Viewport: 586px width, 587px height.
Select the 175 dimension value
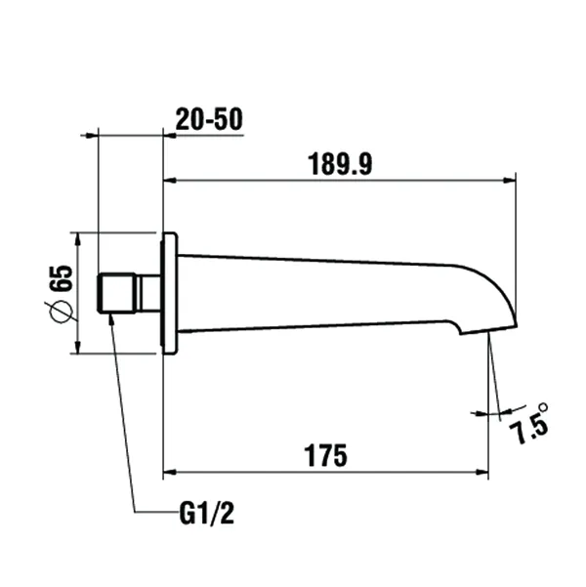click(325, 454)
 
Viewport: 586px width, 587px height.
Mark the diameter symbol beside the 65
click(59, 311)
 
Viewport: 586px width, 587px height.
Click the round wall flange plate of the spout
click(169, 292)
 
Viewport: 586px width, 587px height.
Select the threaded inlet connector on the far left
click(115, 292)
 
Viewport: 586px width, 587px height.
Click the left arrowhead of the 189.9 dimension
click(168, 180)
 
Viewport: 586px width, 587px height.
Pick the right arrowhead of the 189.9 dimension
click(510, 180)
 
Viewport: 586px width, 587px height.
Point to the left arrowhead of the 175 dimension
click(168, 472)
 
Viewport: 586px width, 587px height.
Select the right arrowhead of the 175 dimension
click(482, 472)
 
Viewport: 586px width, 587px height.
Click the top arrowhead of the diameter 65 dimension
click(79, 238)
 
